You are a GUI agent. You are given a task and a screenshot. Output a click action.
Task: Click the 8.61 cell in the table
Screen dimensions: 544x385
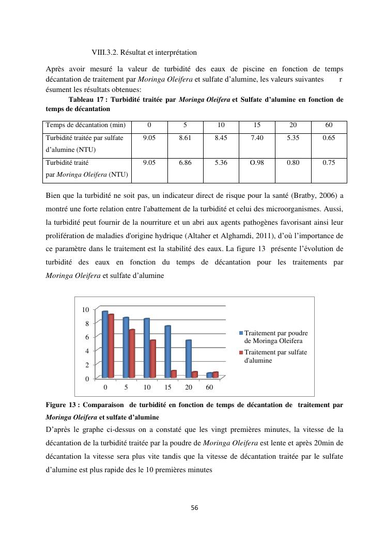185,138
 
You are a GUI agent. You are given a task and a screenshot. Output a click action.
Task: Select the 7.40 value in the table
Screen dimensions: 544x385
257,138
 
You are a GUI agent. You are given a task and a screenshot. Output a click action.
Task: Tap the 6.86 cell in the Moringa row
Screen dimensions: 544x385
185,162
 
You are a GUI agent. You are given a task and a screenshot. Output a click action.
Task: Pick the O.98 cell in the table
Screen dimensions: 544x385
257,162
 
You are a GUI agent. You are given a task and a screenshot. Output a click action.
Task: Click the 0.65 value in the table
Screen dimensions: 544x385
329,138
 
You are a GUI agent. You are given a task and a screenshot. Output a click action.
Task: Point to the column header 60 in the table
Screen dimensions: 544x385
329,125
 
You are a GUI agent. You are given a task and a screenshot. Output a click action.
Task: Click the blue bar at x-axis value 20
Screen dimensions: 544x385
189,359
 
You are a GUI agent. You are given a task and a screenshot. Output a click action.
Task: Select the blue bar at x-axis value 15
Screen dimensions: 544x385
168,351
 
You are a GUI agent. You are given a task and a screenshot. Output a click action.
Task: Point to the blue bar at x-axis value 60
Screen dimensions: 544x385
209,375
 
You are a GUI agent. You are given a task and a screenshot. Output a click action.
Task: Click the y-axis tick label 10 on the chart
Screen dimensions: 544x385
85,309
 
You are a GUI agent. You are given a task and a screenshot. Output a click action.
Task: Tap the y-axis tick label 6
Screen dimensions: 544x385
87,337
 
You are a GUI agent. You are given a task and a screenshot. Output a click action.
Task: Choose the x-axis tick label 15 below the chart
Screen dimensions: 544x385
167,387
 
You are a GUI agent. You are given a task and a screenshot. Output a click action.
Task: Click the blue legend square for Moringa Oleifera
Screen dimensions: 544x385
241,333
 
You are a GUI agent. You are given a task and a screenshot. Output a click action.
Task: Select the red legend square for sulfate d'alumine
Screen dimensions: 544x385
241,352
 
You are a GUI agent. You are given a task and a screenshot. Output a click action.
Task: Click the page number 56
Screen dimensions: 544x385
194,508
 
